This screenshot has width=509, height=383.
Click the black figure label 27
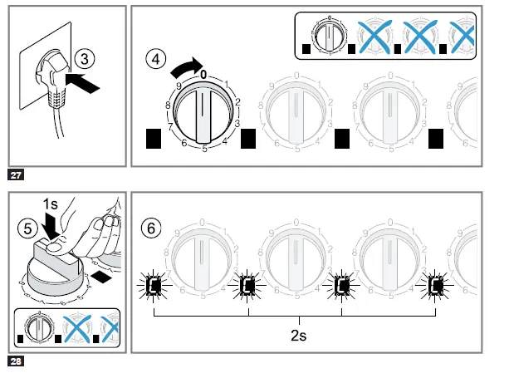[16, 174]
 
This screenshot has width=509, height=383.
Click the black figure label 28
[16, 361]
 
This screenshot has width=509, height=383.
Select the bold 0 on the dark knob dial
[203, 75]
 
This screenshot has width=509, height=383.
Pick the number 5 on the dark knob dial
[203, 149]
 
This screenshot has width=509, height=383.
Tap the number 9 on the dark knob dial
[177, 87]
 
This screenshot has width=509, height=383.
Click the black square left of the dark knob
[154, 139]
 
